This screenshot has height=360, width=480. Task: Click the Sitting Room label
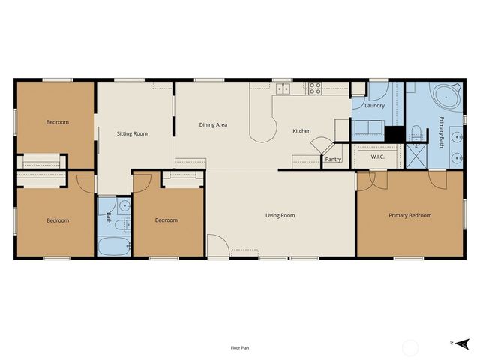pos(132,133)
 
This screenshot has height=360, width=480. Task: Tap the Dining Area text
pos(213,125)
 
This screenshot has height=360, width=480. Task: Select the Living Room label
pos(280,216)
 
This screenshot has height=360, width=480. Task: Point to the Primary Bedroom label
pos(409,216)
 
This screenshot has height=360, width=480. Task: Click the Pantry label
pos(333,160)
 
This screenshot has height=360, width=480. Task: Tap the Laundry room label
pos(374,106)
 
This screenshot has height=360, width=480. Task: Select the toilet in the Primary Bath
pos(415,135)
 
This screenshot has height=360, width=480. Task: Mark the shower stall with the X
pos(415,158)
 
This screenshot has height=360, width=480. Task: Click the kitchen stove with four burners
pos(315,88)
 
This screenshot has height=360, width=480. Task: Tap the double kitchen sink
pos(283,89)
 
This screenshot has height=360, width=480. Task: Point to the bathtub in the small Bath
pos(115,245)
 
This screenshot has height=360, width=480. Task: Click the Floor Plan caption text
pos(240,348)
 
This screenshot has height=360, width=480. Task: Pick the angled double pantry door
pos(319,145)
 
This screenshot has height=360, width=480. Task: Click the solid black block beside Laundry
pos(394,134)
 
